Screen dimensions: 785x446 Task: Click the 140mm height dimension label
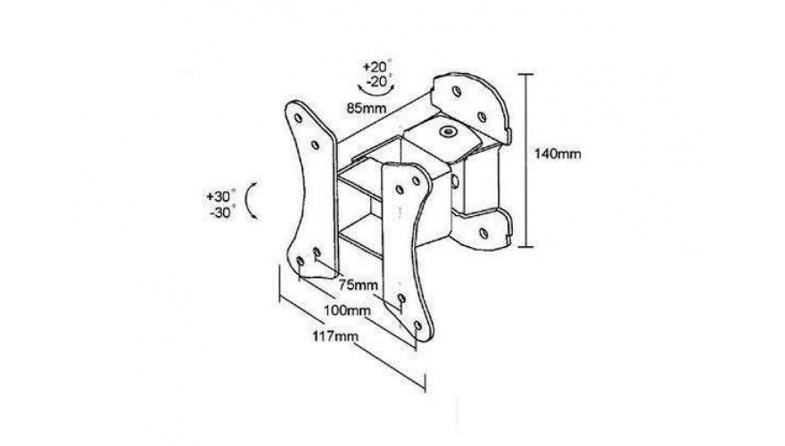[558, 153]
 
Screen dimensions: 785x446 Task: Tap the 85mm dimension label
[367, 108]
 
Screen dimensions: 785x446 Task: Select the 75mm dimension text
[358, 285]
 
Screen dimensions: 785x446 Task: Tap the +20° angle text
[377, 66]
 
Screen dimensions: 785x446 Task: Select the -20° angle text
[379, 80]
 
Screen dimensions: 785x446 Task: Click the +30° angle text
[221, 196]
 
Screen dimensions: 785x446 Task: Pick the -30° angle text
[223, 212]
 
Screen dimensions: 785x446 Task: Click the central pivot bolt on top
[446, 132]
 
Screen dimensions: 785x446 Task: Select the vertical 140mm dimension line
[525, 161]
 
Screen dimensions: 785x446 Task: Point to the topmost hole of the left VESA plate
[298, 119]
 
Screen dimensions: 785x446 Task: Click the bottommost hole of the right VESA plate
[418, 326]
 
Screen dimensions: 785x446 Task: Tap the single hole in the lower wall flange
[483, 233]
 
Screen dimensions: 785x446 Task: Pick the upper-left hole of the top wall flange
[456, 92]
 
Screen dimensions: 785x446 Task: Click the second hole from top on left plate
[315, 145]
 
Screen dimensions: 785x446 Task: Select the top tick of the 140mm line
[525, 74]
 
